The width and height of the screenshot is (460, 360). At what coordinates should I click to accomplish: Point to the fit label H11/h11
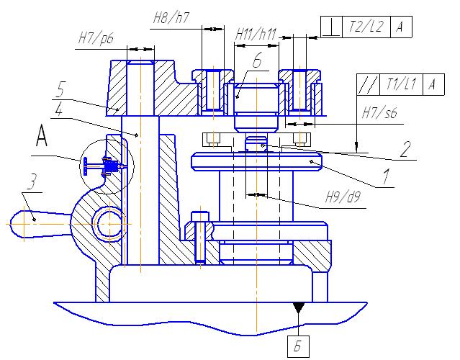point(256,33)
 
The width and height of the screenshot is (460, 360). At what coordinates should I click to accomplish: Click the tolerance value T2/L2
point(366,27)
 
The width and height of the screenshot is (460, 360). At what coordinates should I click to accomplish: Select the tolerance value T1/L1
point(400,84)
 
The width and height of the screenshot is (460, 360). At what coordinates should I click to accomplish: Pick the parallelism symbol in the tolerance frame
point(367,84)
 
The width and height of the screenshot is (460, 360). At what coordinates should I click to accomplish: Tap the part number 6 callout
point(256,61)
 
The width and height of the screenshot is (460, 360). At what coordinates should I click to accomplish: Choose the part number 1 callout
point(387,174)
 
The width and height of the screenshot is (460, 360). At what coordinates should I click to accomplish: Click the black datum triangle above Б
point(298,308)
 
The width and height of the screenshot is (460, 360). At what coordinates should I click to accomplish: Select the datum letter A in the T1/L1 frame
point(432,84)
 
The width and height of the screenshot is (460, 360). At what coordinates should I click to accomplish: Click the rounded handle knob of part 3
point(24,222)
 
